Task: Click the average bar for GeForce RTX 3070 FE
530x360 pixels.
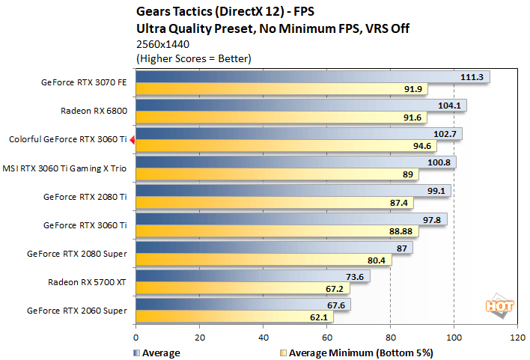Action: click(x=299, y=76)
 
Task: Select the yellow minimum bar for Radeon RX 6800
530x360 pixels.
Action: click(x=277, y=118)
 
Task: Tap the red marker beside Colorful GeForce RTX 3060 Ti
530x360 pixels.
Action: click(x=132, y=139)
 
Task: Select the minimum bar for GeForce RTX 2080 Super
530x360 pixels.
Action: click(x=262, y=260)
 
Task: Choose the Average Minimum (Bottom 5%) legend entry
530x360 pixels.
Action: click(x=356, y=352)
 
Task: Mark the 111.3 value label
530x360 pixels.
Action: click(x=473, y=76)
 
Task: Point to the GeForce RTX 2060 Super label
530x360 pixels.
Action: click(x=76, y=311)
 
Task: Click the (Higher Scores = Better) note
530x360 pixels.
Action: click(x=193, y=58)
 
